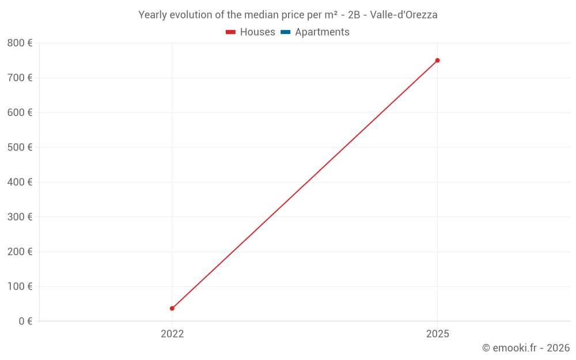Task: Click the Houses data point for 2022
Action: [172, 308]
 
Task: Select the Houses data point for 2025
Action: [437, 60]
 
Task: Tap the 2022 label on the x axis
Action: [172, 334]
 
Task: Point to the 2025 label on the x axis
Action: [437, 334]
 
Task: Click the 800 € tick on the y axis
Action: [20, 43]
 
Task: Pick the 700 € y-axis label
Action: [20, 78]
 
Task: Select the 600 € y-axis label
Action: [20, 112]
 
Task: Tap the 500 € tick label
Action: [20, 147]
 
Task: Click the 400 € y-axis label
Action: [20, 182]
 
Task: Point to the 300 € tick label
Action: [20, 217]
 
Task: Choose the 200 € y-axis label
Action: [20, 252]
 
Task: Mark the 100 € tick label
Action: [20, 286]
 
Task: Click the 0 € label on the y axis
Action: [25, 321]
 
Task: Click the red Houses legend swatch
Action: [231, 32]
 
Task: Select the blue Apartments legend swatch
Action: [285, 32]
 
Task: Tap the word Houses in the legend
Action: [257, 32]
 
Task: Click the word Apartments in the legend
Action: [322, 32]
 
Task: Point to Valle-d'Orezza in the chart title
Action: [404, 15]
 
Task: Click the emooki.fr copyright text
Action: [526, 348]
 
